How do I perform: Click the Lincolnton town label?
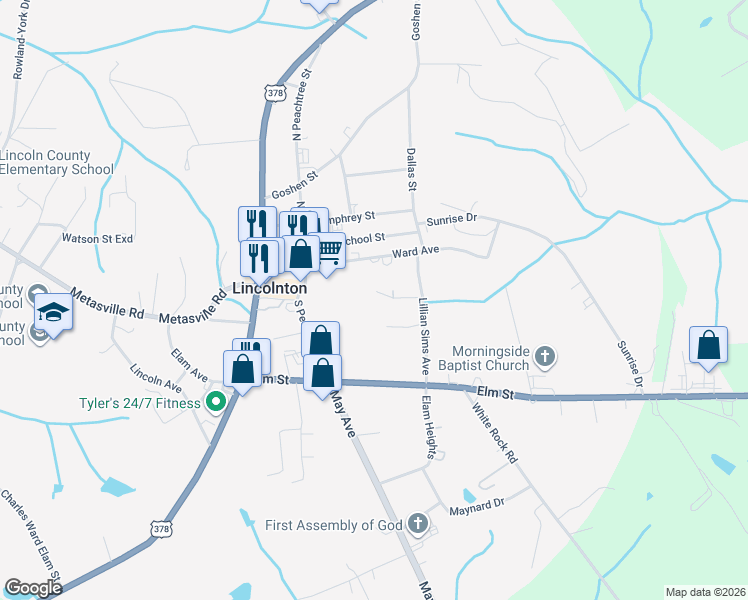pyautogui.click(x=269, y=287)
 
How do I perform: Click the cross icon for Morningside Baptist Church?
pyautogui.click(x=546, y=355)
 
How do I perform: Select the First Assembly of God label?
pyautogui.click(x=333, y=525)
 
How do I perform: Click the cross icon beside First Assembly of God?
pyautogui.click(x=418, y=524)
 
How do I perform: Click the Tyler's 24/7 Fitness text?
pyautogui.click(x=141, y=404)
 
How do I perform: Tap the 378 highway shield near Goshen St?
pyautogui.click(x=277, y=92)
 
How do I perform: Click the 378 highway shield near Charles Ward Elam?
pyautogui.click(x=160, y=527)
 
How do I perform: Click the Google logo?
pyautogui.click(x=33, y=588)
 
